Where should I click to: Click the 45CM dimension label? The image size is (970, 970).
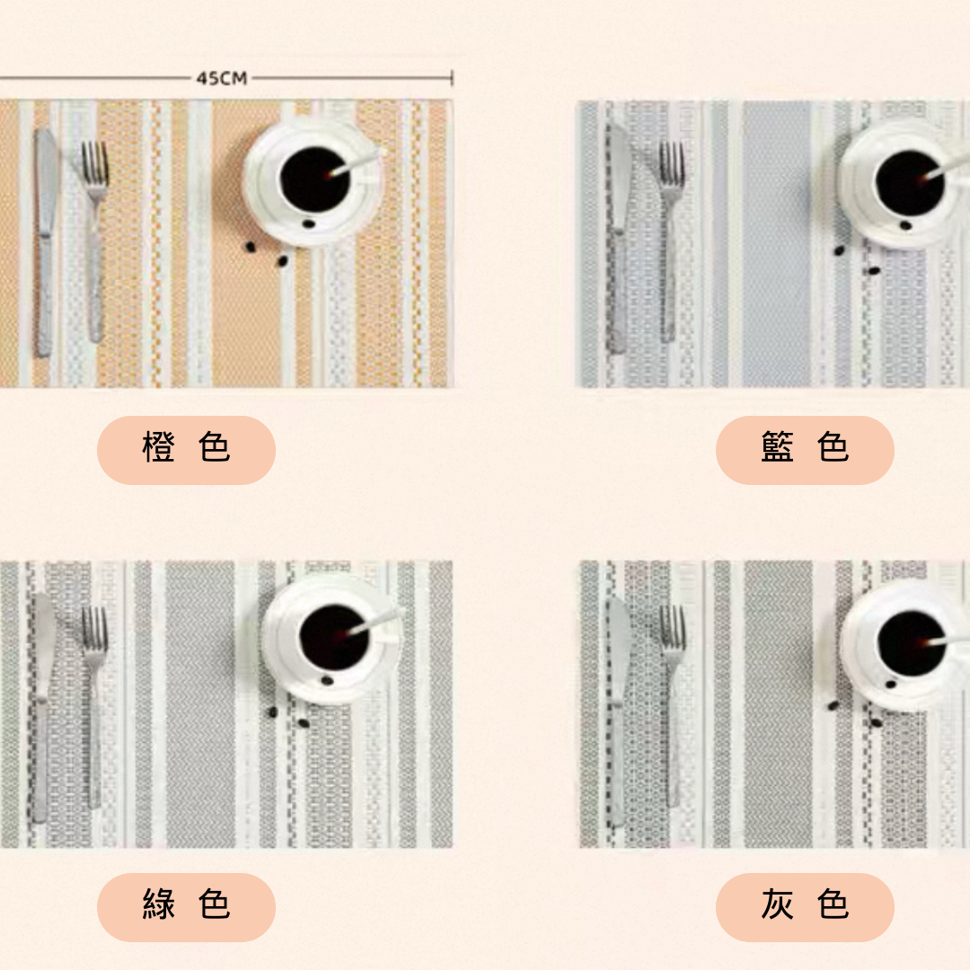pos(222,78)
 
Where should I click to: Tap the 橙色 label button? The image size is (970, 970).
pos(186,450)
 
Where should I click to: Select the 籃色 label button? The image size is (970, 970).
pos(805,450)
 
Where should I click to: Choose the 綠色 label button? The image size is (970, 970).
pos(186,907)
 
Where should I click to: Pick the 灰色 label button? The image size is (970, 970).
pos(805,907)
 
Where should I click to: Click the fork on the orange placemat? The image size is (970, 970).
pos(94,242)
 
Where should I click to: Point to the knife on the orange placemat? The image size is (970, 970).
pos(45,242)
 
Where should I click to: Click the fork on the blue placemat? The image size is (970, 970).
pos(670,242)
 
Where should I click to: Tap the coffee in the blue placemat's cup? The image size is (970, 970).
pos(909,182)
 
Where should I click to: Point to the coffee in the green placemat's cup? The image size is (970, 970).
pos(334,637)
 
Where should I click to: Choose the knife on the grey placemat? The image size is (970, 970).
pos(618,711)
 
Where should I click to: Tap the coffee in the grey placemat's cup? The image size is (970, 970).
pos(912,642)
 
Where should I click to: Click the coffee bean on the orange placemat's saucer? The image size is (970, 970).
pos(308,224)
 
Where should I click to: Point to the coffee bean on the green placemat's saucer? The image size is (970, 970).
pos(327,681)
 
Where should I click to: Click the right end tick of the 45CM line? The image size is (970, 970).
pos(452,78)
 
